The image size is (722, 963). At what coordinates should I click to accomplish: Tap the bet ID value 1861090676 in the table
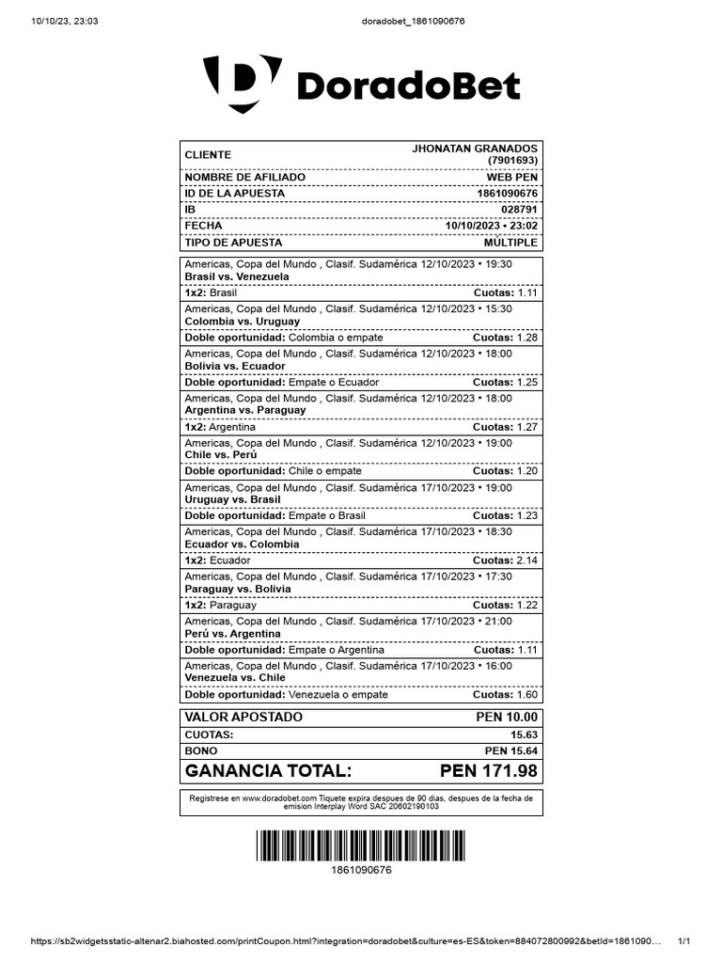(x=508, y=194)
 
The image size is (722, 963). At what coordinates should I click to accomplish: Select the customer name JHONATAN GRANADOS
(x=475, y=149)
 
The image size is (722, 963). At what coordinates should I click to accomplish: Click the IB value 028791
(x=519, y=210)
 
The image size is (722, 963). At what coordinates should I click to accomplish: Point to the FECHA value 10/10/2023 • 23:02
(x=491, y=226)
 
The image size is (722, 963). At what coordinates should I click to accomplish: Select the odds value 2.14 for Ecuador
(x=527, y=560)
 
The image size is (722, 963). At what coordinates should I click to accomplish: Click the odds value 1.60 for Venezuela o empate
(x=527, y=695)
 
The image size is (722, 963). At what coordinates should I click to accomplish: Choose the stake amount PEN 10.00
(x=507, y=718)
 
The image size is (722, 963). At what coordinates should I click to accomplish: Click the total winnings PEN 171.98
(x=489, y=771)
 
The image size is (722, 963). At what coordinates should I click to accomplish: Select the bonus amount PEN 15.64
(x=511, y=750)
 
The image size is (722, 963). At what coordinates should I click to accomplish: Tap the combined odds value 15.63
(x=524, y=734)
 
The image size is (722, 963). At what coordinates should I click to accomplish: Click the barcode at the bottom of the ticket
(x=361, y=845)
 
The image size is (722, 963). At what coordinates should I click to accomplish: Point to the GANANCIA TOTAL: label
(x=269, y=771)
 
